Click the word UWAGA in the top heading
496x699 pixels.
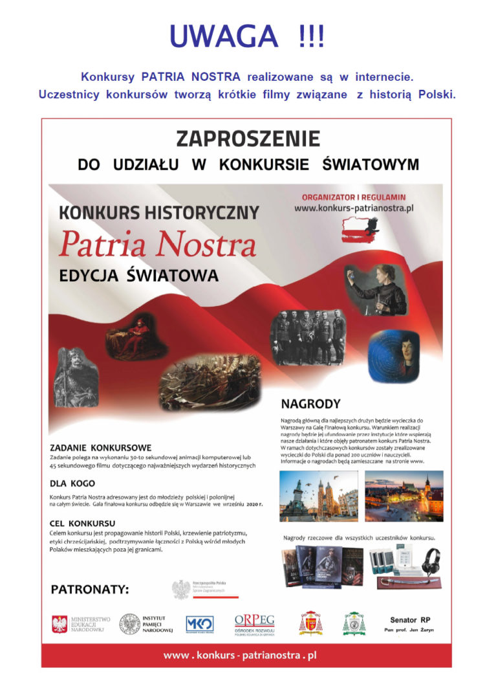click(218, 37)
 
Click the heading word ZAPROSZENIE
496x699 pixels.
click(248, 139)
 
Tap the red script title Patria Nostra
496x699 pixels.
click(157, 245)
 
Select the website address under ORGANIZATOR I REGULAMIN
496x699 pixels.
click(354, 209)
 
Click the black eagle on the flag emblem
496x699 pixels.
click(371, 226)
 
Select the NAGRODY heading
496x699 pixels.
click(310, 405)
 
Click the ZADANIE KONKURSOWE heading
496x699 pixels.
click(101, 447)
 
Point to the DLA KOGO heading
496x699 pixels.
click(72, 483)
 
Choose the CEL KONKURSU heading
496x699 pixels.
click(83, 522)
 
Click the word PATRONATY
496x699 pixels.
click(90, 589)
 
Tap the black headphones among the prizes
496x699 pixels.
click(430, 559)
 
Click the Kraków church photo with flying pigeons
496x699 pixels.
click(318, 496)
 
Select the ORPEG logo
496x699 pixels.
click(254, 623)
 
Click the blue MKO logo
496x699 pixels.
click(199, 623)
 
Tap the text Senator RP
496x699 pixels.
click(409, 619)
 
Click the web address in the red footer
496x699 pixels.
click(240, 656)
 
